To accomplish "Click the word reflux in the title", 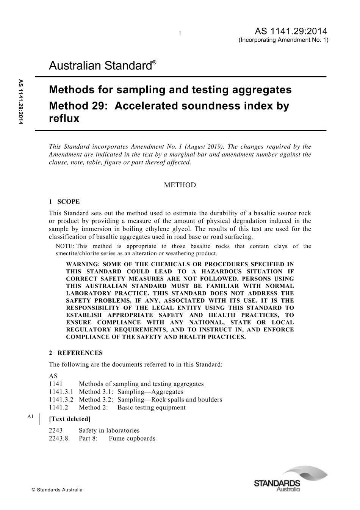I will [x=64, y=119].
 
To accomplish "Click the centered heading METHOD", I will [x=180, y=185].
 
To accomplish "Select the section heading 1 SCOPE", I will [x=64, y=202].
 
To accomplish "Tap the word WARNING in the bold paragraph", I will [x=82, y=264].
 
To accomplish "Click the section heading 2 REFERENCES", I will [x=76, y=353].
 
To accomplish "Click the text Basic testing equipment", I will [x=151, y=408].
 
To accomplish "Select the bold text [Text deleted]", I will [x=70, y=419].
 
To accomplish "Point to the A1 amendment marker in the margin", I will [x=31, y=417].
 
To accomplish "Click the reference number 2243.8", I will [x=58, y=438].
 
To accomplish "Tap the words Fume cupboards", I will [x=132, y=438].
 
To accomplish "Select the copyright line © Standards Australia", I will [x=57, y=490].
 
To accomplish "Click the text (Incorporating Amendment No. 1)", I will [x=283, y=40].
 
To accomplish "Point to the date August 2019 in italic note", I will [x=204, y=146].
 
